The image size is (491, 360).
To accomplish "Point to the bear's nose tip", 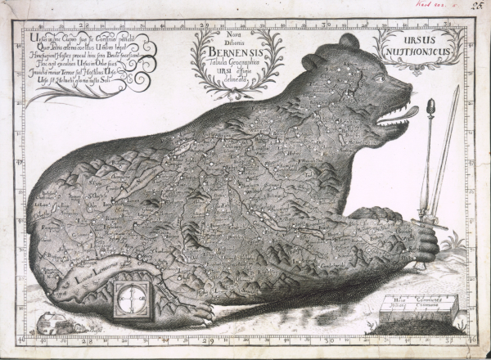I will click(x=408, y=84).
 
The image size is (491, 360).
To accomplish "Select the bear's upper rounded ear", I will click(x=349, y=41).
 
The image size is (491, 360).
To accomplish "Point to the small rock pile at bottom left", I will click(x=59, y=325).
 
